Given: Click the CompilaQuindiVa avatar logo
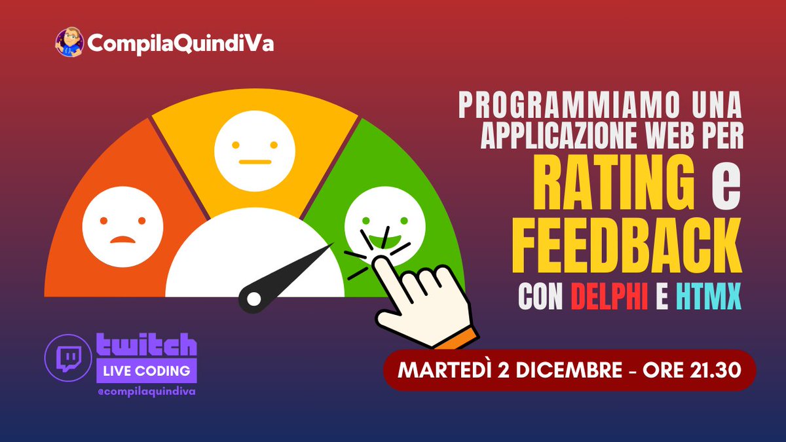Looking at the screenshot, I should (69, 43).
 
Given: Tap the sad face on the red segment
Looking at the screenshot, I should (122, 223).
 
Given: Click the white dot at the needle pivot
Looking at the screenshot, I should (253, 299).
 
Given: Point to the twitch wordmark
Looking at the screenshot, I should (146, 344).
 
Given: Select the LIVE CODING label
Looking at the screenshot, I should (146, 371).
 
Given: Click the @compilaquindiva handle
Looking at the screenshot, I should (146, 392).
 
